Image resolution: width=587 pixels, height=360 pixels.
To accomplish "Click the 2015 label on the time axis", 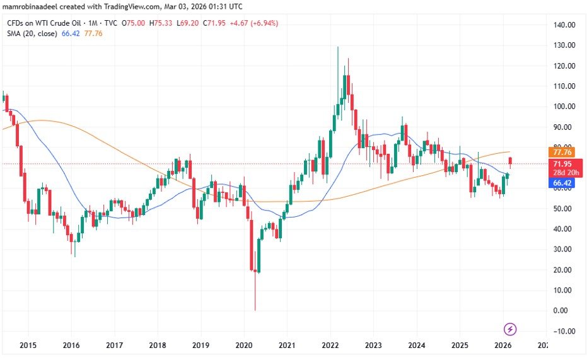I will pos(28,345).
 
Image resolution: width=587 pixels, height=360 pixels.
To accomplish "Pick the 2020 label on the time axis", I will pos(243,345).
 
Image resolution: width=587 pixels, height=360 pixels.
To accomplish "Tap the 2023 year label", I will pos(373,345).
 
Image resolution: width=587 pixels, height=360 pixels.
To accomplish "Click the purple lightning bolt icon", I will pos(511,329).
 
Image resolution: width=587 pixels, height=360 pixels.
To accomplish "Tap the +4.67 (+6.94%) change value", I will pos(255,23).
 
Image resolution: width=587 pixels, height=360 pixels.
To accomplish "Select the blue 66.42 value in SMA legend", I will pos(69,33).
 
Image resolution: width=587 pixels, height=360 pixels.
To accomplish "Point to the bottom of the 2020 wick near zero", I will pos(255,309).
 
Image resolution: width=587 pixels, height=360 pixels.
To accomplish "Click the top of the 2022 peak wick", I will pos(338,47).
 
